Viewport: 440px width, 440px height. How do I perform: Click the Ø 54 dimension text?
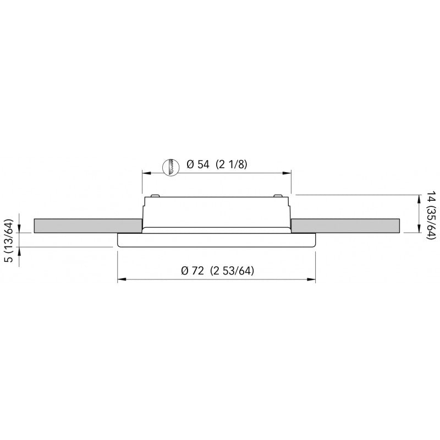click(199, 165)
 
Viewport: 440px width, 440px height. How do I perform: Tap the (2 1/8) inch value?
click(230, 165)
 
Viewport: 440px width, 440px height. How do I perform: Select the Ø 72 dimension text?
click(193, 271)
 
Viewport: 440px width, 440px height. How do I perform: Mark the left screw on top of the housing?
click(156, 195)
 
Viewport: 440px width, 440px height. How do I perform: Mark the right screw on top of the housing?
click(277, 195)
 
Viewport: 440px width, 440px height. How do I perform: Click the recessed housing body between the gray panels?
click(216, 212)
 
